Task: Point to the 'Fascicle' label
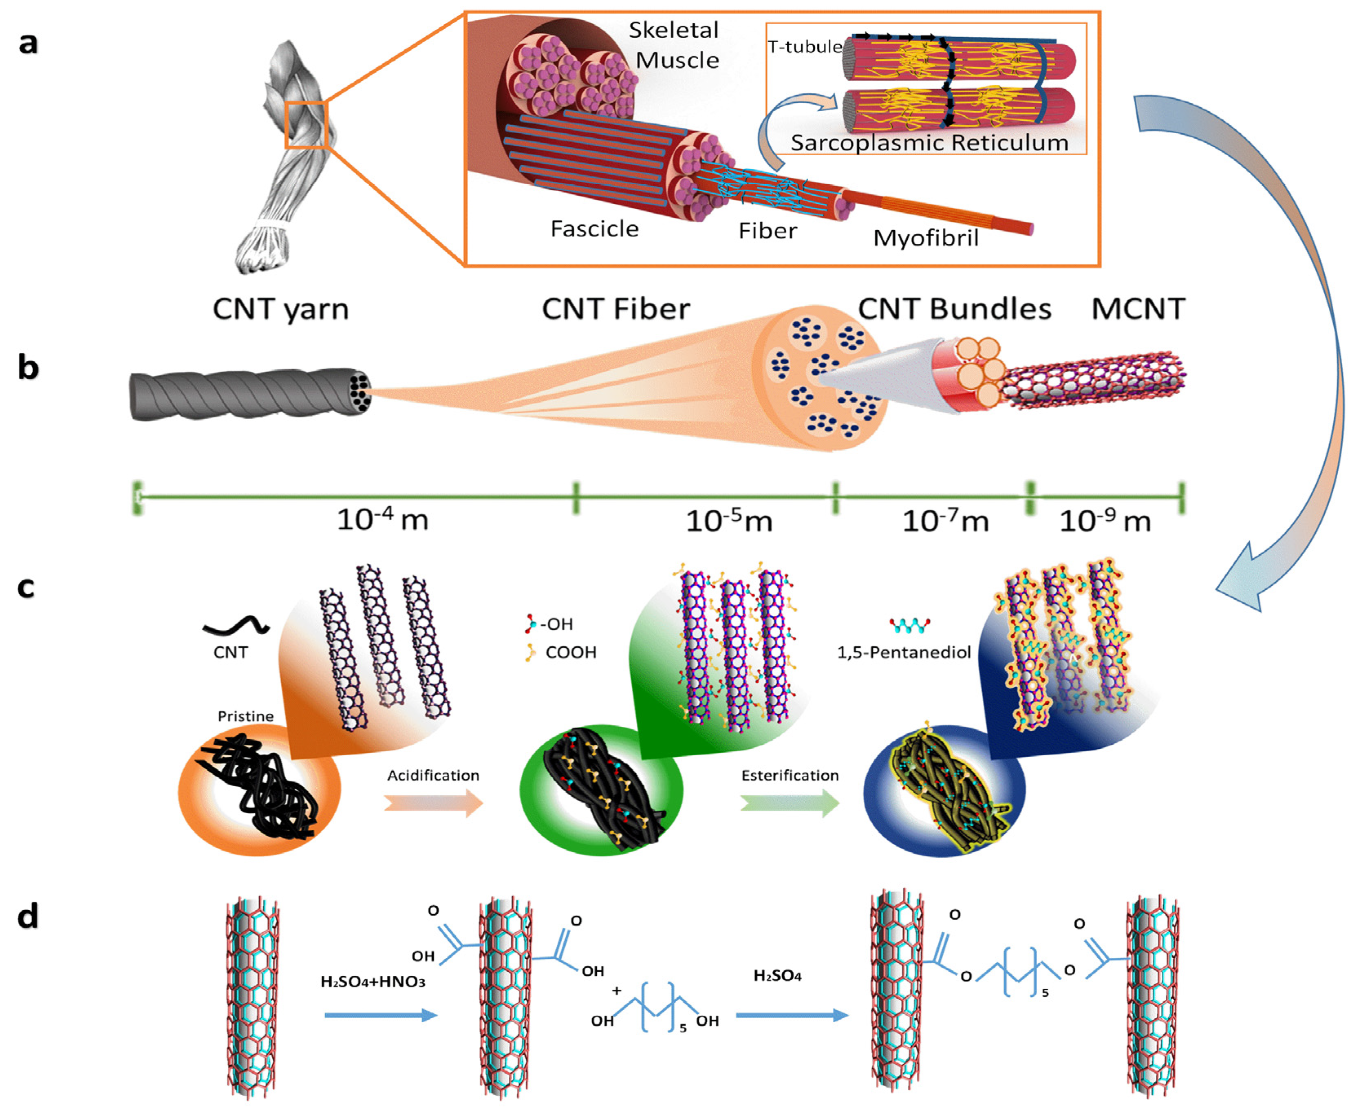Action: coord(594,228)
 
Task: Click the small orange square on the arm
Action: coord(306,124)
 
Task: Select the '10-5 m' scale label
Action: coord(728,521)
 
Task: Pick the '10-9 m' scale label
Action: coord(1104,521)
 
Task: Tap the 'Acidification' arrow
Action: coord(433,803)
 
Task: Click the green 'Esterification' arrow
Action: coord(789,803)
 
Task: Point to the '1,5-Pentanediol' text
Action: coord(904,653)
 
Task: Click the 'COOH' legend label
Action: coord(571,653)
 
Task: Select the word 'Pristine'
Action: coord(245,716)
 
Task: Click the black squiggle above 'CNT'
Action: coord(236,626)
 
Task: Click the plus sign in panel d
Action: coord(617,990)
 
